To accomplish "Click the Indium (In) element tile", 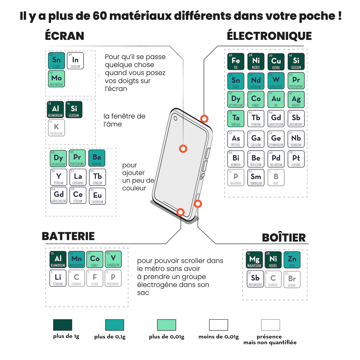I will (x=75, y=61).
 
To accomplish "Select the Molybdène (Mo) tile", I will (x=56, y=79).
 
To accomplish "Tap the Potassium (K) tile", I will (x=56, y=128).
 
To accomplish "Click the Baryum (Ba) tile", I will (x=97, y=158).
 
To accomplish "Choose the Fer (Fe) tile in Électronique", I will (x=236, y=61).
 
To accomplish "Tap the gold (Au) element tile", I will (x=276, y=100).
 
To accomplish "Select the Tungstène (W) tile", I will (x=276, y=81).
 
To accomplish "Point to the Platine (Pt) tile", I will (x=296, y=159).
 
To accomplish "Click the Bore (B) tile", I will (x=276, y=178).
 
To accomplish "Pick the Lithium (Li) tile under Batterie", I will (x=58, y=278).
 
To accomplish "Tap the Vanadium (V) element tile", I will (x=113, y=259).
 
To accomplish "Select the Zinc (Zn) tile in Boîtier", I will (x=292, y=260).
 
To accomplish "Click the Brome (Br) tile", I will (x=292, y=279).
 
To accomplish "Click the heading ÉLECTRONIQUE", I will (x=269, y=36).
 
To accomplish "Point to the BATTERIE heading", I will (x=68, y=236).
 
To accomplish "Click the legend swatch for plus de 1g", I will (x=63, y=325).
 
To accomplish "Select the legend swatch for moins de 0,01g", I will (x=218, y=325).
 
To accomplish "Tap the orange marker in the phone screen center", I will (x=183, y=148).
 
